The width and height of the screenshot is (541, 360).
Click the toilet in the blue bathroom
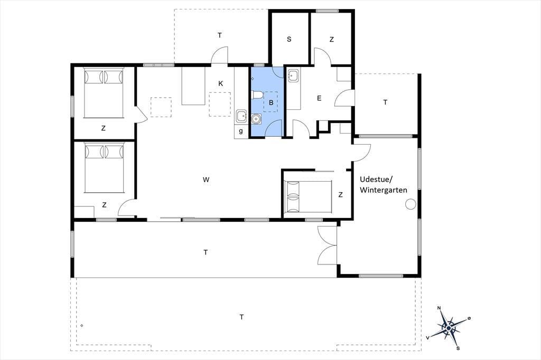pyautogui.click(x=257, y=94)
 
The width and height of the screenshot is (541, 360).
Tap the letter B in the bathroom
pyautogui.click(x=271, y=102)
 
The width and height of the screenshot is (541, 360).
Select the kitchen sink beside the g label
pyautogui.click(x=241, y=116)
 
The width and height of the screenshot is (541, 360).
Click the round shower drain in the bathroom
pyautogui.click(x=256, y=119)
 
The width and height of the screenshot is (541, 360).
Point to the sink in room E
pyautogui.click(x=293, y=75)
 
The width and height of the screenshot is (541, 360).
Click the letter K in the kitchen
pyautogui.click(x=220, y=83)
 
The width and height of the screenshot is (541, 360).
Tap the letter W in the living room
pyautogui.click(x=206, y=179)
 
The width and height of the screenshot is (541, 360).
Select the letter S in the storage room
pyautogui.click(x=289, y=39)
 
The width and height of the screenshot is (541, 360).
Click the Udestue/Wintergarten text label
pyautogui.click(x=383, y=185)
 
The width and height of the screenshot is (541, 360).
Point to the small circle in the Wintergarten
pyautogui.click(x=411, y=204)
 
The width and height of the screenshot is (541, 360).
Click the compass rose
pyautogui.click(x=448, y=327)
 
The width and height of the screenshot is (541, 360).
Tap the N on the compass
pyautogui.click(x=439, y=308)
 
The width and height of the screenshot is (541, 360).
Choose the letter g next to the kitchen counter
pyautogui.click(x=241, y=131)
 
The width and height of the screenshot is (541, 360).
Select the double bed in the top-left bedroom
pyautogui.click(x=104, y=93)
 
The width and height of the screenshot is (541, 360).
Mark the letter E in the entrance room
pyautogui.click(x=319, y=98)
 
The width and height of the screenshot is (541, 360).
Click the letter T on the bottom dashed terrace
pyautogui.click(x=242, y=317)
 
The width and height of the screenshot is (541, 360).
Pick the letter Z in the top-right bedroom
pyautogui.click(x=332, y=40)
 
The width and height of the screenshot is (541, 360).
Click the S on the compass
pyautogui.click(x=458, y=348)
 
